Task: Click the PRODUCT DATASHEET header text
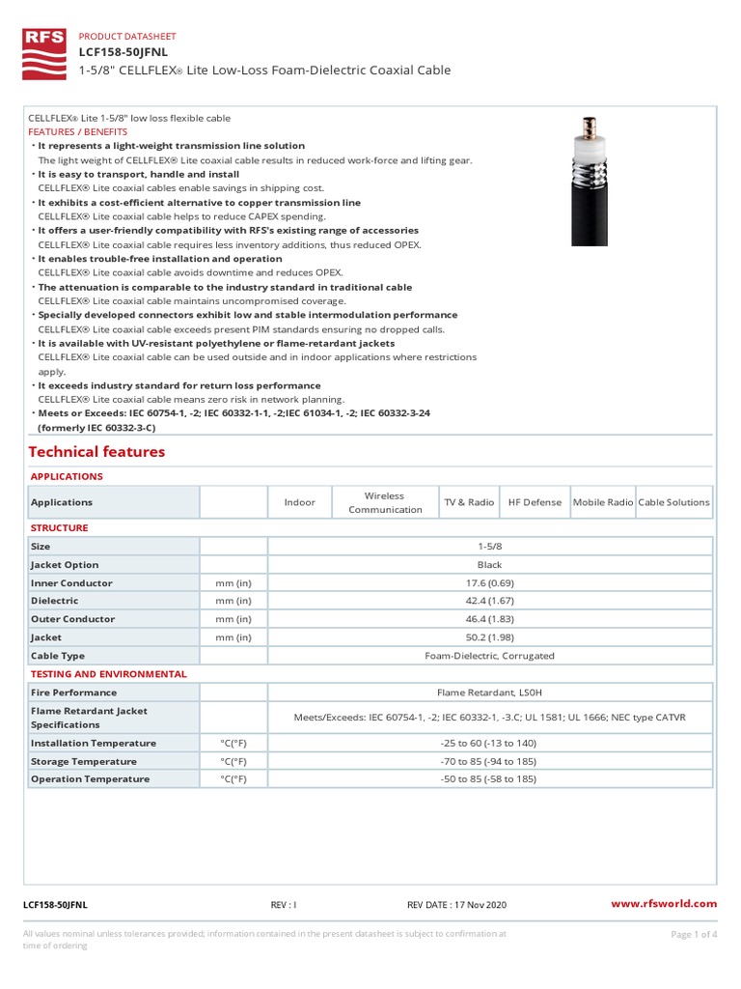coord(126,36)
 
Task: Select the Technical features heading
coord(96,452)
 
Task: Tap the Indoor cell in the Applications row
coord(299,502)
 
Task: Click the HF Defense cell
coord(535,502)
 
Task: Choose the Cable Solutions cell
coord(673,502)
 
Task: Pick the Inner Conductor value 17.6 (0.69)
coord(489,583)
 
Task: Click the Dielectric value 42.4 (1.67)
coord(489,601)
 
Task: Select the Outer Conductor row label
coord(72,619)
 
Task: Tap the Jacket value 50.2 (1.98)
coord(489,637)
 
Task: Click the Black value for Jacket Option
coord(489,565)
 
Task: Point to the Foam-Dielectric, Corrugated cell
coord(489,656)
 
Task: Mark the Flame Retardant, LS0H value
coord(489,692)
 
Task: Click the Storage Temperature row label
coord(84,761)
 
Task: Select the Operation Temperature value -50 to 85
coord(489,779)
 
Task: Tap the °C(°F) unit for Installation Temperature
coord(233,744)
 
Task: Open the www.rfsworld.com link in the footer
coord(665,904)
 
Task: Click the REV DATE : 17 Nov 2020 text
coord(456,905)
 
